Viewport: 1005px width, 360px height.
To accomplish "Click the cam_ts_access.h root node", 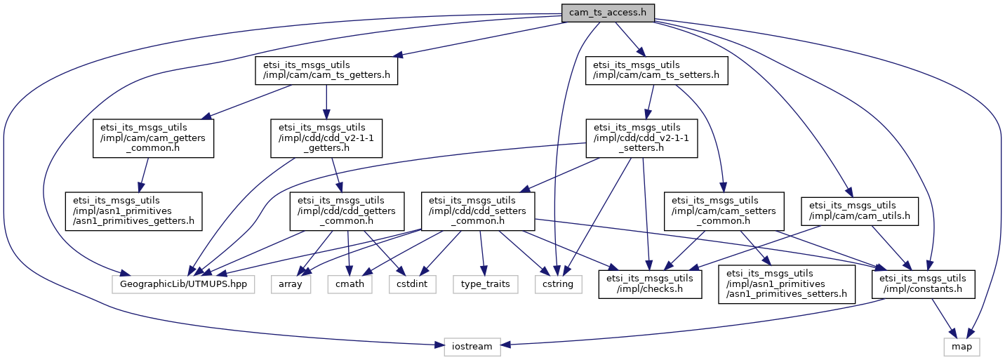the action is pos(608,13).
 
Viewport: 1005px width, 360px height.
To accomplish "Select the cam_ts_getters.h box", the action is pos(326,70).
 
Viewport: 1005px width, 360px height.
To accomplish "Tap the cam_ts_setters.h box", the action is pos(656,70).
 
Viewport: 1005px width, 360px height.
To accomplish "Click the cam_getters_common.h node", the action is pos(153,138).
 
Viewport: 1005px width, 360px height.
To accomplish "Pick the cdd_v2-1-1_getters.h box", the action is pos(326,138).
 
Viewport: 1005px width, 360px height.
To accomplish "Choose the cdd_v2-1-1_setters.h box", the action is pos(641,138).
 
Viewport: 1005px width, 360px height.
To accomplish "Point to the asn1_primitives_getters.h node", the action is pos(134,211).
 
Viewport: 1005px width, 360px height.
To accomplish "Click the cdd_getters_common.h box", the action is pos(347,211).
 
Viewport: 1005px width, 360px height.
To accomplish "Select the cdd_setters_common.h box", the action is pos(478,211).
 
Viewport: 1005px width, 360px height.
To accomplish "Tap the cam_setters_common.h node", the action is pos(724,211).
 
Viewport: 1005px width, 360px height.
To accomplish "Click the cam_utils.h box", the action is pos(860,211).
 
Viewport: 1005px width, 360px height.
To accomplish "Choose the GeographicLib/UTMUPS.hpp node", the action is pos(183,284).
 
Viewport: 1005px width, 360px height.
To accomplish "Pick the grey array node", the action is pos(291,284).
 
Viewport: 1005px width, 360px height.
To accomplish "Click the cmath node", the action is pos(350,284).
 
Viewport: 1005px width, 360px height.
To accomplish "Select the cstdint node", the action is pos(413,284).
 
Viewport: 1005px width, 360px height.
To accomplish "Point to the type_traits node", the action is pos(486,284).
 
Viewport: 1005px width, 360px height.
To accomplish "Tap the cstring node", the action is pos(559,284).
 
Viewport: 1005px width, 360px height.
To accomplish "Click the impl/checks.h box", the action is pos(650,284).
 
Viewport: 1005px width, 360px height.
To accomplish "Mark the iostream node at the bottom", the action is pos(472,347).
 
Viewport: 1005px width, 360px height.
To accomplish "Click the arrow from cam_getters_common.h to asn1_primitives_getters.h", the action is pos(144,175).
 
